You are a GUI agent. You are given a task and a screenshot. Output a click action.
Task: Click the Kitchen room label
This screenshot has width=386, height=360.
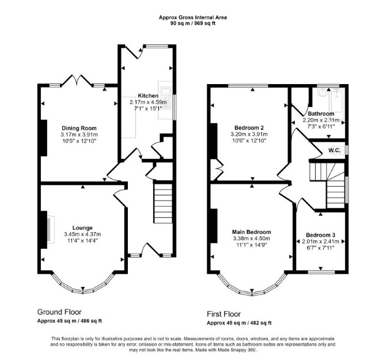click(147, 96)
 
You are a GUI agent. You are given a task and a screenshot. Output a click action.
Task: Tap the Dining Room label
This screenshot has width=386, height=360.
click(79, 128)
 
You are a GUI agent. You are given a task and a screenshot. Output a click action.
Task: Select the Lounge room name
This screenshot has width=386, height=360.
click(82, 228)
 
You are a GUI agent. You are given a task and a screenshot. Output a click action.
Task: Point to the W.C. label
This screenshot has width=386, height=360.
click(334, 150)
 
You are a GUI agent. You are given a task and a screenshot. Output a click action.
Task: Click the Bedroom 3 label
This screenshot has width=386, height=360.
click(320, 235)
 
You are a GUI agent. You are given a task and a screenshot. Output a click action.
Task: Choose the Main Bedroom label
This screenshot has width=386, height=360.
click(251, 232)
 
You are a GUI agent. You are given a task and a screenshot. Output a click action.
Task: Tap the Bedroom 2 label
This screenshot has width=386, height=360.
click(249, 128)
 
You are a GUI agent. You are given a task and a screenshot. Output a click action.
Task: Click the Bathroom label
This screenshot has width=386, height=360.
click(321, 113)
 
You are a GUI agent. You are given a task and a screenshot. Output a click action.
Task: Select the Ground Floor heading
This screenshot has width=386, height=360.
click(59, 312)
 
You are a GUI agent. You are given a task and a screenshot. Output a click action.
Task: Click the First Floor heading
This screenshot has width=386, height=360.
click(224, 314)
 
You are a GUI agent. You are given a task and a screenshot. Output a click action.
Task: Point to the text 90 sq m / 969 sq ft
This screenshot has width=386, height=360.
click(193, 24)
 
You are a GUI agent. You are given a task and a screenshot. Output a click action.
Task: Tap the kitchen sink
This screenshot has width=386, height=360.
click(165, 97)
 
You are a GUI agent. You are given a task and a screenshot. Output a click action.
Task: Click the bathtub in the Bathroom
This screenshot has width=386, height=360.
click(337, 101)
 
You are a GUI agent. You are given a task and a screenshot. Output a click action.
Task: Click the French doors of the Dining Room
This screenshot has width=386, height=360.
click(77, 80)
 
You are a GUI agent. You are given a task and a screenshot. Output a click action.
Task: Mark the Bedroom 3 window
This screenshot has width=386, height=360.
click(321, 272)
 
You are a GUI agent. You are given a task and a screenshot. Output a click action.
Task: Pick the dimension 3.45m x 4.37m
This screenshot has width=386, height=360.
click(82, 234)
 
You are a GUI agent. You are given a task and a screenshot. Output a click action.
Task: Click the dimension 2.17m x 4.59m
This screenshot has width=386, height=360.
click(148, 102)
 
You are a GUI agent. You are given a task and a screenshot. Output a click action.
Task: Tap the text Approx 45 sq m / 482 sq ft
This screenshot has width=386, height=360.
click(239, 323)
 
